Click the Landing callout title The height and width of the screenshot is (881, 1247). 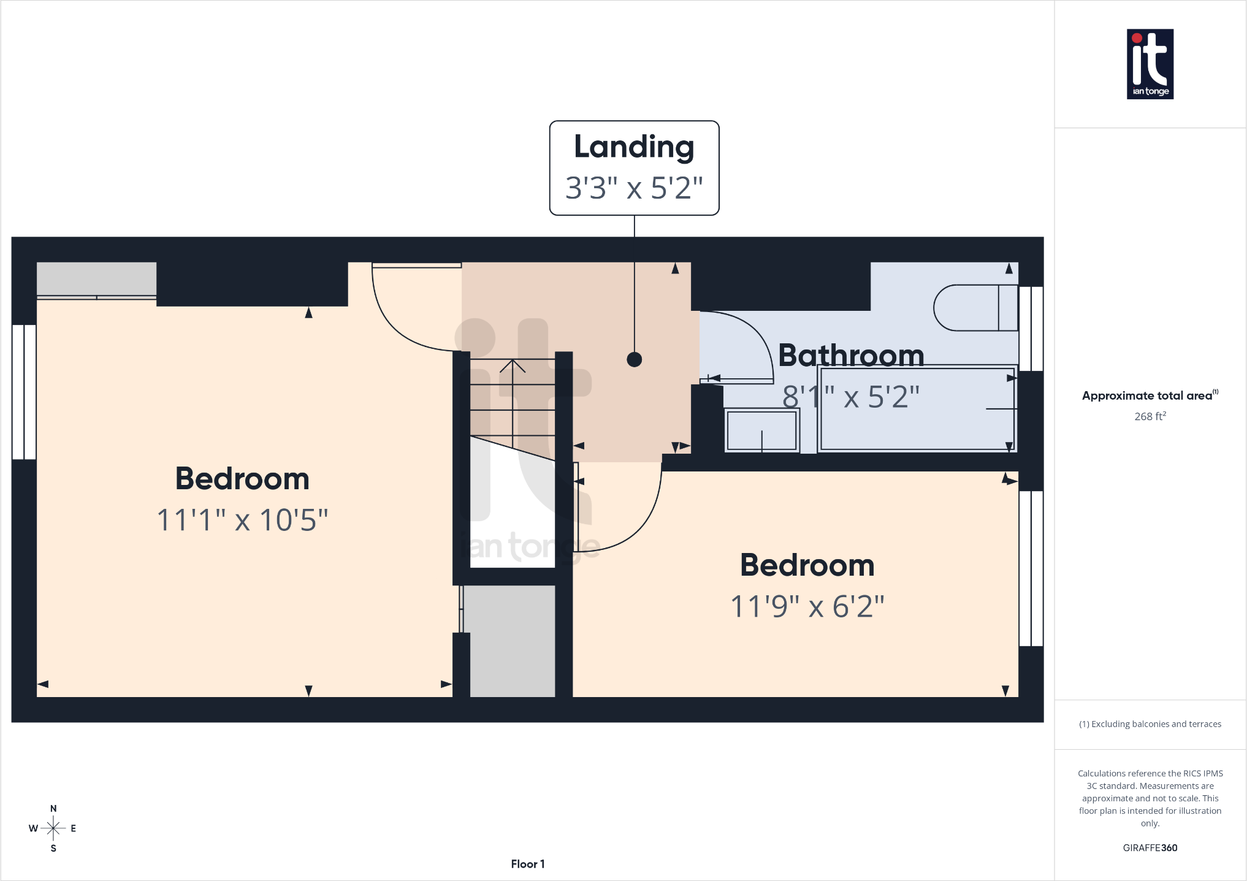tap(634, 148)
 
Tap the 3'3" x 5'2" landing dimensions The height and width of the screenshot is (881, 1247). tap(634, 188)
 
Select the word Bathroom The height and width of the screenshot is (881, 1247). tap(851, 356)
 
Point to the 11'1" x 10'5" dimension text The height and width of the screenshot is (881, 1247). tap(242, 520)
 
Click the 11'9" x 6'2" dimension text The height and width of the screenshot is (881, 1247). tap(807, 606)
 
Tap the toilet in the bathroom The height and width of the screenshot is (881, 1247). tap(975, 308)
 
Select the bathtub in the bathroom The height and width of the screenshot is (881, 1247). tap(918, 409)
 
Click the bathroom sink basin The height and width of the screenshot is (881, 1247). tap(762, 430)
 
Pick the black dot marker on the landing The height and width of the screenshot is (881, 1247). tap(635, 359)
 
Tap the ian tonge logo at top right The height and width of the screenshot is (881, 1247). tap(1150, 64)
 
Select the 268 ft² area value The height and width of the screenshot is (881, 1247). tap(1150, 416)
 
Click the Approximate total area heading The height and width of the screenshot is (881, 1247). tap(1150, 395)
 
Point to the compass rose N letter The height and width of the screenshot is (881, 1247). tap(53, 809)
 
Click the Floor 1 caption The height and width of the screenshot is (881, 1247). tap(528, 864)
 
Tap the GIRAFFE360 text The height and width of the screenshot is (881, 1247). tap(1150, 848)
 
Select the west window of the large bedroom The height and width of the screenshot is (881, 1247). tap(25, 392)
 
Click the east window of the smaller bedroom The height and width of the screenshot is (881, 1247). tap(1031, 568)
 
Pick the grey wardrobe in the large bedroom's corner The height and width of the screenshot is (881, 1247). tap(96, 280)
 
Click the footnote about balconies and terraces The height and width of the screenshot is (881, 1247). tap(1150, 724)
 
